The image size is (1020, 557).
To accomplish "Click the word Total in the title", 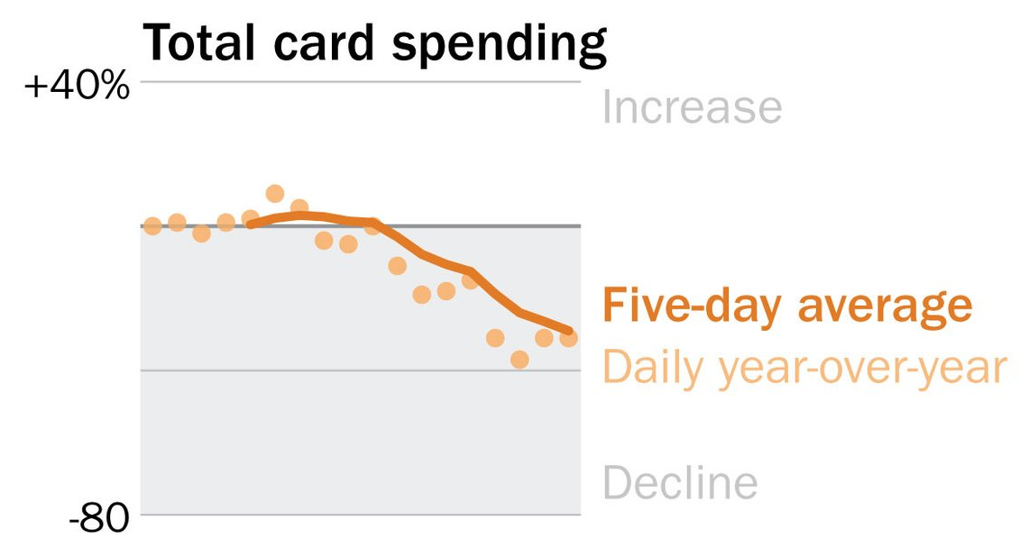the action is [x=198, y=43].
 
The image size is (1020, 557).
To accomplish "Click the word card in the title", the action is [x=324, y=43].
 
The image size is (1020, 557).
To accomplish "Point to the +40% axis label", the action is [x=77, y=86].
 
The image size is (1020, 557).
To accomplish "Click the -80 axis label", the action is [x=99, y=518].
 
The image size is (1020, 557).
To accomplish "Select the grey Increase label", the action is [x=692, y=106].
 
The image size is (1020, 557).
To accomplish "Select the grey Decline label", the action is [x=680, y=482].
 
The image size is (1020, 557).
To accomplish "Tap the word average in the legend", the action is [x=886, y=306].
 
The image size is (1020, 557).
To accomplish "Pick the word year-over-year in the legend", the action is [x=862, y=369].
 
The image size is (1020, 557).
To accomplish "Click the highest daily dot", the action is [x=275, y=193].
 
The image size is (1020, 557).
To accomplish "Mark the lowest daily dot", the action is [x=519, y=359].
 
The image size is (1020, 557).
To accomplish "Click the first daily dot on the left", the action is [x=153, y=226].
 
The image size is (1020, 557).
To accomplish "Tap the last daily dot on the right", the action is [x=568, y=338].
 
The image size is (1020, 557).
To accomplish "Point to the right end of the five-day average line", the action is [x=571, y=331].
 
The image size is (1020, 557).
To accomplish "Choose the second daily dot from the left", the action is [x=177, y=223].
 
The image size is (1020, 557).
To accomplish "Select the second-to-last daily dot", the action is [x=545, y=338].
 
